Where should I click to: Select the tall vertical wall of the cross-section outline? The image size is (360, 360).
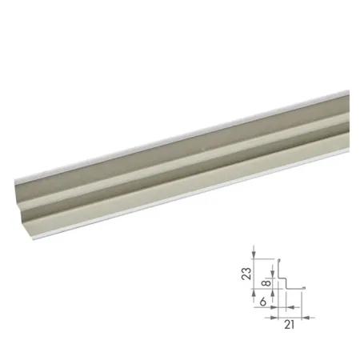click(x=279, y=268)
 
